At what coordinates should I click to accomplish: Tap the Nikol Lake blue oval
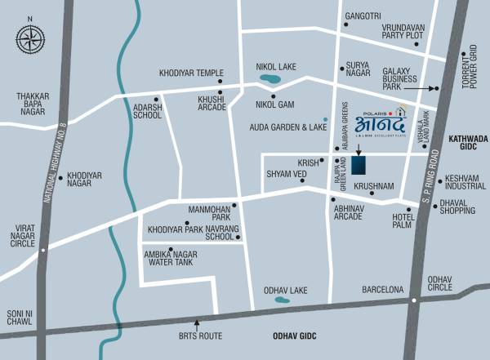coord(268,80)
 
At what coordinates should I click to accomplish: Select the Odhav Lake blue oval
coord(282,300)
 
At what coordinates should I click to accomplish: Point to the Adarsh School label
coord(148,110)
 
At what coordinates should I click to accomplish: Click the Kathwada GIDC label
coord(468,145)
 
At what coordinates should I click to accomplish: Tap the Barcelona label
coord(384,290)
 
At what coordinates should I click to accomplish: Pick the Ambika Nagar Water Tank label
coord(176,259)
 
